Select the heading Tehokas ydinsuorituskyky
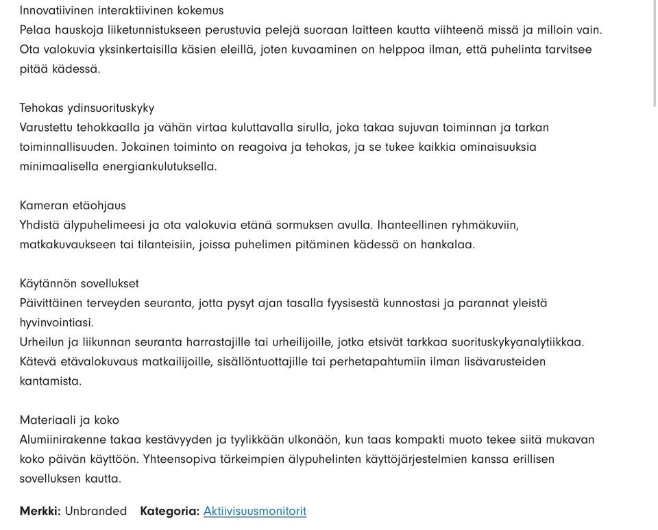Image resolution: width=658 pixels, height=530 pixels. click(87, 108)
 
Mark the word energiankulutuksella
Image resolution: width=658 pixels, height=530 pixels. click(159, 167)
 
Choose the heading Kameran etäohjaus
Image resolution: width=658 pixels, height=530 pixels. click(73, 206)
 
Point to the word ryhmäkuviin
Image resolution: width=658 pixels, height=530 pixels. click(486, 226)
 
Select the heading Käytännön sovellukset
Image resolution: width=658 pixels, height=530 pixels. click(79, 284)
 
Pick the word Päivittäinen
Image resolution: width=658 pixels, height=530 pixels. click(51, 303)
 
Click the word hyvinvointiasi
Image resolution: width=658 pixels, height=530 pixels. click(56, 322)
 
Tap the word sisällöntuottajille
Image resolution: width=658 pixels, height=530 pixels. click(263, 361)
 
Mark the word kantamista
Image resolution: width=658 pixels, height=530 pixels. click(50, 381)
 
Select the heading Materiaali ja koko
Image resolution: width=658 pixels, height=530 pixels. click(69, 420)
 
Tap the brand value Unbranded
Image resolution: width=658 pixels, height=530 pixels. click(96, 511)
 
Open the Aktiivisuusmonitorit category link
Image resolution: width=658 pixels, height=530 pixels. click(255, 511)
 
